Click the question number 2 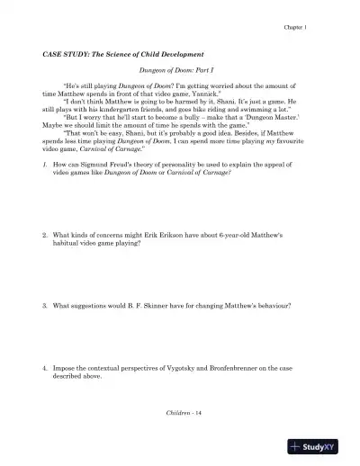[45, 235]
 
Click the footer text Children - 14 [179, 410]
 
